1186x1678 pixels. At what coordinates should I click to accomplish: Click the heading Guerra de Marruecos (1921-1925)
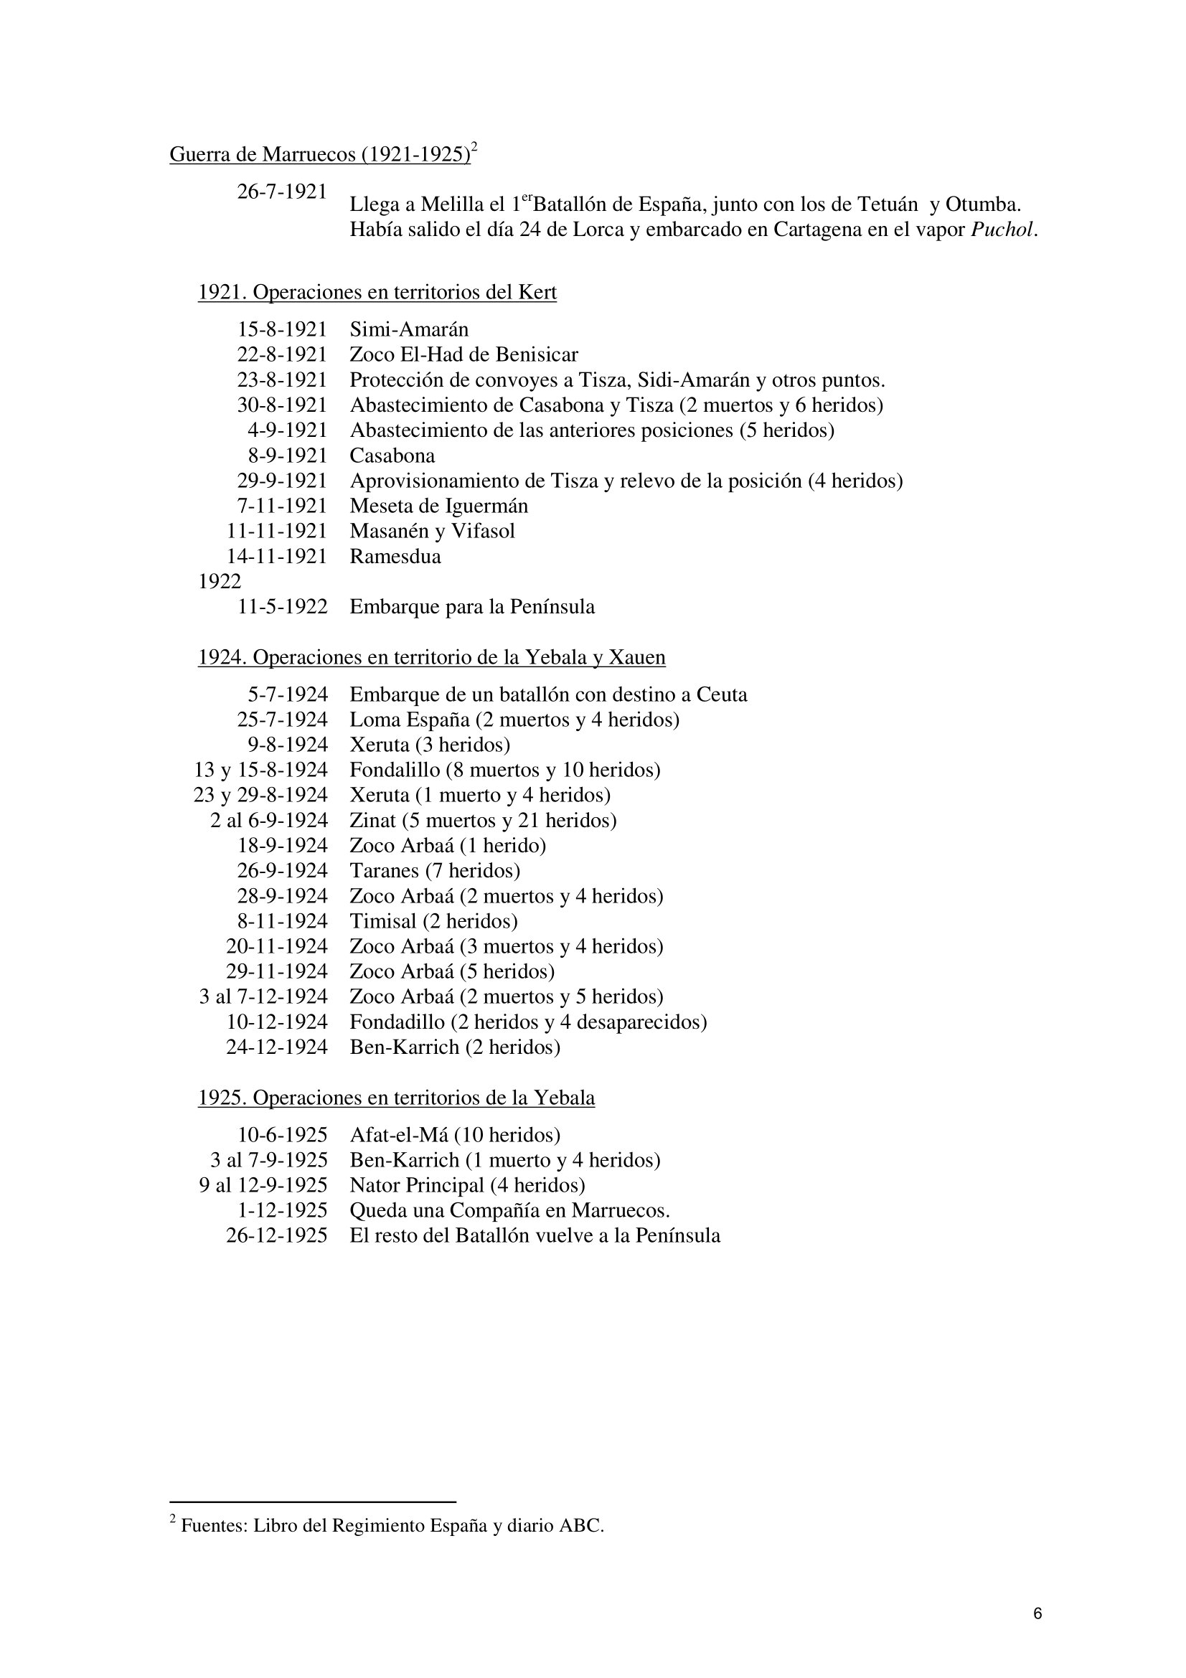[x=319, y=155]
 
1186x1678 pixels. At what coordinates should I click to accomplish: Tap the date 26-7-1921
[x=281, y=192]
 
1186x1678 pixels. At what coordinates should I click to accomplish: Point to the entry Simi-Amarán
[x=408, y=329]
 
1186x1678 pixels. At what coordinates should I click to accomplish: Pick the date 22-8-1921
[x=281, y=354]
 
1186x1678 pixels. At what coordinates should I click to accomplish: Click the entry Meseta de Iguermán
[x=438, y=506]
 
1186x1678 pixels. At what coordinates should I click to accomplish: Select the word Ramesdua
[x=395, y=556]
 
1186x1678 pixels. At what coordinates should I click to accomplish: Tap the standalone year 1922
[x=220, y=582]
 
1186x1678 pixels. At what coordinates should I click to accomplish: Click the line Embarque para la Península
[x=472, y=607]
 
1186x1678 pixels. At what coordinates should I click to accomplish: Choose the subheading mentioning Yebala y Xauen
[x=431, y=658]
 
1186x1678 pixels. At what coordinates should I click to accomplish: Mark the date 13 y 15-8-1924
[x=260, y=770]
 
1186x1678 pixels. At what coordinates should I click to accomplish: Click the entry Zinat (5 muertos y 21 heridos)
[x=482, y=820]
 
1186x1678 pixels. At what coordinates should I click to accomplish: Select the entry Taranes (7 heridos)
[x=435, y=870]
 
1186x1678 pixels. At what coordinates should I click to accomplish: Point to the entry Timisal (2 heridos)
[x=433, y=921]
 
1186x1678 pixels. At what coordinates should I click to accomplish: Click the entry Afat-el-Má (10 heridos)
[x=454, y=1135]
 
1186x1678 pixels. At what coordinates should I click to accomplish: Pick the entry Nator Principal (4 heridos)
[x=467, y=1185]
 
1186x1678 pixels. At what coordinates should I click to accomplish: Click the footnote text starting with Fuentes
[x=392, y=1526]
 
